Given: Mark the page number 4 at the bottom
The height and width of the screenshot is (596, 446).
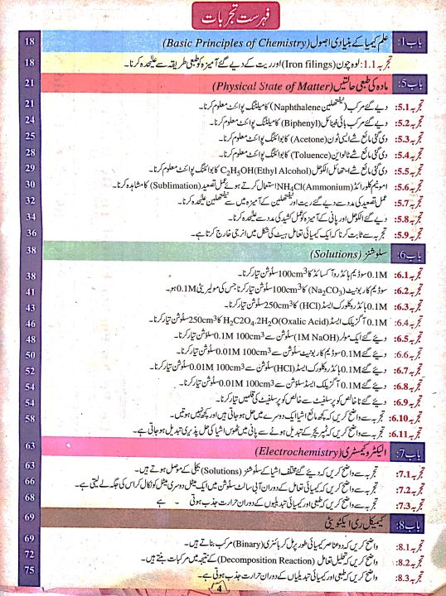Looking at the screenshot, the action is pyautogui.click(x=221, y=589).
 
